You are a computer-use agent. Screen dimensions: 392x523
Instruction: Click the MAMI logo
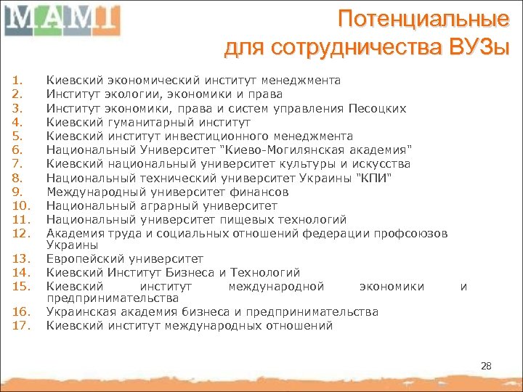61,19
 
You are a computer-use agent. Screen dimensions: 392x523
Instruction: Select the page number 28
486,366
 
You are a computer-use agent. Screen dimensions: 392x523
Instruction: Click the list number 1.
18,81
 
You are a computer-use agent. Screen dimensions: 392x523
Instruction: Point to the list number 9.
18,192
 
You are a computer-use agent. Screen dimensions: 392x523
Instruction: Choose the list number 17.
20,325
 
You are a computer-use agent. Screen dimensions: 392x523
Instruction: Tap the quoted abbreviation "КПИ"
373,179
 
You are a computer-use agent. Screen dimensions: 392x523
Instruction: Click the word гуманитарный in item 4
132,123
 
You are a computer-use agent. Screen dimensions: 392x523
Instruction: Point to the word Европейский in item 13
81,259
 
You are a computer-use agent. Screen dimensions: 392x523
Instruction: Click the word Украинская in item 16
77,312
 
